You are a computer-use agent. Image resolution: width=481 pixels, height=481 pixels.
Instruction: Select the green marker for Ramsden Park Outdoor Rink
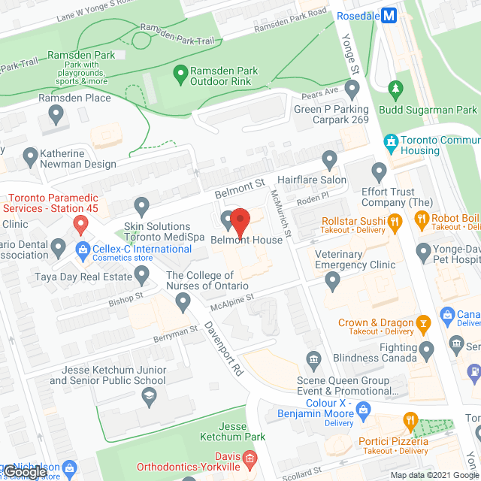tap(180, 74)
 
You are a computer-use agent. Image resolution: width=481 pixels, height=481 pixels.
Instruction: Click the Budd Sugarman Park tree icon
tap(396, 91)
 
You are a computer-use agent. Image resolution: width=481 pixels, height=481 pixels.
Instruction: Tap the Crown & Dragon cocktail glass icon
tap(423, 323)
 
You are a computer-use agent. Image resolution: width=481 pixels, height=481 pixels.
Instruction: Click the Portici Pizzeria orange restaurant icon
tap(410, 420)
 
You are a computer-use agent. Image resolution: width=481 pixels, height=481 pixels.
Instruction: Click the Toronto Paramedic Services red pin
tap(80, 223)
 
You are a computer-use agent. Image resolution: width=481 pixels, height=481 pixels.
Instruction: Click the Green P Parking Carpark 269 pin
tap(351, 91)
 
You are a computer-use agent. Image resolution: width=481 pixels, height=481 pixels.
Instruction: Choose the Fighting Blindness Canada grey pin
tap(427, 349)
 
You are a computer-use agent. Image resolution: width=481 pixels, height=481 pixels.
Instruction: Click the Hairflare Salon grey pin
tap(329, 160)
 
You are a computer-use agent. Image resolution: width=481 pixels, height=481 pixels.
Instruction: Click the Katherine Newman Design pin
tap(30, 157)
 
